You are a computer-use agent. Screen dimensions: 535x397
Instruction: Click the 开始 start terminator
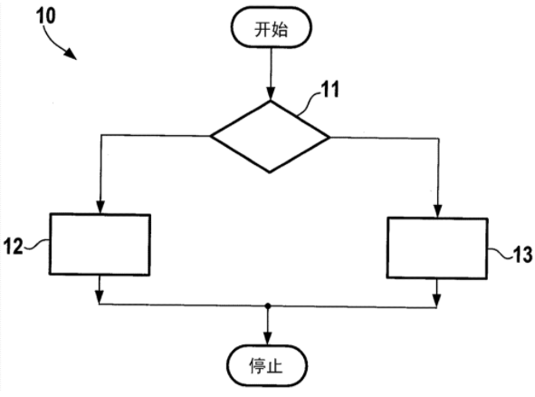point(272,27)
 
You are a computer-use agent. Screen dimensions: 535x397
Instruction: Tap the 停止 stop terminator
point(267,366)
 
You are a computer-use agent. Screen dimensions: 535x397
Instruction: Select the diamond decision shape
point(270,137)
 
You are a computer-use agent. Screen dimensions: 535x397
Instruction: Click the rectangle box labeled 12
point(100,245)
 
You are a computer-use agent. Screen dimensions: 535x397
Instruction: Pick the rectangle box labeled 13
point(437,248)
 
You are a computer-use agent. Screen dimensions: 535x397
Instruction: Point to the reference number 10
point(46,15)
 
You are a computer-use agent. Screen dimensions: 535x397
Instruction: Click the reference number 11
point(330,90)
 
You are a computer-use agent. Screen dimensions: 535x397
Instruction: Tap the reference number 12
point(13,246)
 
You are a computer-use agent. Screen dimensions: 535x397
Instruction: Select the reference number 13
point(522,255)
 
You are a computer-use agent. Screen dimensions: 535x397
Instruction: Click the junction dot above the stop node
point(268,305)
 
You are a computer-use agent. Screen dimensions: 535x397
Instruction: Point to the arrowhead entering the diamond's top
point(271,93)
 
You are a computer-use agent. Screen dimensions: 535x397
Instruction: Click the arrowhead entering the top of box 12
point(100,207)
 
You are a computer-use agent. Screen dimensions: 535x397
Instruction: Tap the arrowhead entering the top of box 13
point(438,211)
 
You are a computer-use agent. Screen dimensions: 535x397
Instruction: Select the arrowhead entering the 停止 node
point(268,338)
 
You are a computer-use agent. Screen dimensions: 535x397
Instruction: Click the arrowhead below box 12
point(99,297)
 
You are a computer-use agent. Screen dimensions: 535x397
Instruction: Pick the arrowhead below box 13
point(436,300)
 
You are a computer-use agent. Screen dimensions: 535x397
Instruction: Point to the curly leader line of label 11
point(309,104)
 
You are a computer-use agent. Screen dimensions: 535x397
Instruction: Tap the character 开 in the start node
point(262,29)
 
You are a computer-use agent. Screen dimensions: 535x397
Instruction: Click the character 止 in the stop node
point(275,366)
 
